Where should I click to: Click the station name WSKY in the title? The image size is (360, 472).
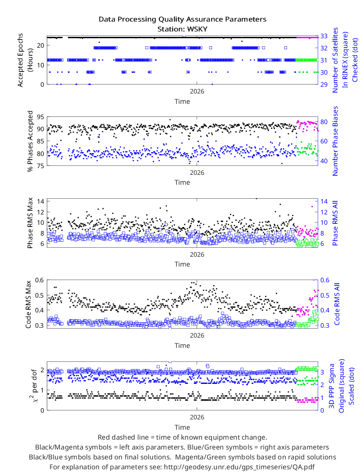pyautogui.click(x=197, y=29)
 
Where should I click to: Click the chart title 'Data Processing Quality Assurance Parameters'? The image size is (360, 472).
pyautogui.click(x=183, y=19)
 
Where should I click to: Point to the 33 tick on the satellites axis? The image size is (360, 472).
pyautogui.click(x=324, y=36)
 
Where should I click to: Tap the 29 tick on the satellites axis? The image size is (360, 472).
pyautogui.click(x=324, y=85)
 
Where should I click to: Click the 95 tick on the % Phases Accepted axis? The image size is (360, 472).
pyautogui.click(x=40, y=117)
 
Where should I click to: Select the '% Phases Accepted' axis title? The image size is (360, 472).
pyautogui.click(x=30, y=141)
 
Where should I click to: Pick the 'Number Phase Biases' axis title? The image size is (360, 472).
pyautogui.click(x=335, y=141)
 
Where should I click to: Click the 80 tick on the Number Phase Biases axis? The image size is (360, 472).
pyautogui.click(x=324, y=122)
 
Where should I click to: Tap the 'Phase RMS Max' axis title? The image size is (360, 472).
pyautogui.click(x=30, y=223)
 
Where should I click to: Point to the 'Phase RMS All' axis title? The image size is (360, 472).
pyautogui.click(x=335, y=223)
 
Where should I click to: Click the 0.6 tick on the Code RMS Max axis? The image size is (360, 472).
pyautogui.click(x=39, y=280)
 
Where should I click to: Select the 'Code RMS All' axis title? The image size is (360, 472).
pyautogui.click(x=337, y=304)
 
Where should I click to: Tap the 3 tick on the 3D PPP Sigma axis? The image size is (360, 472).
pyautogui.click(x=322, y=372)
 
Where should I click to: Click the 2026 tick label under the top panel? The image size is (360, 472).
pyautogui.click(x=197, y=91)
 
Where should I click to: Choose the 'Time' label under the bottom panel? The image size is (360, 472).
pyautogui.click(x=182, y=427)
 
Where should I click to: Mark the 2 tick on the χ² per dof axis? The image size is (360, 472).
pyautogui.click(x=42, y=370)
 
